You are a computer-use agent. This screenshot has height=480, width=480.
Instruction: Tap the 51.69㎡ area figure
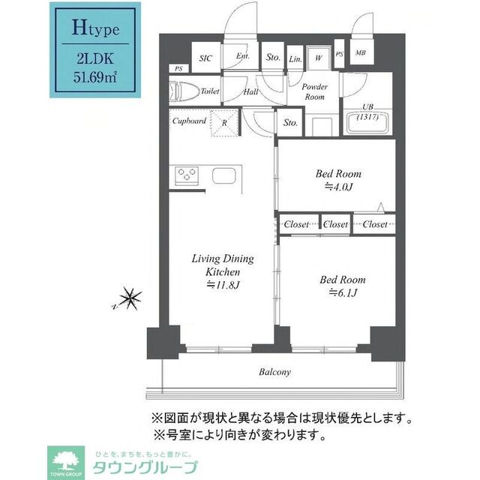(94, 76)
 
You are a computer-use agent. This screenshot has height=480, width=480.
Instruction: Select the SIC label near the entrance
(205, 57)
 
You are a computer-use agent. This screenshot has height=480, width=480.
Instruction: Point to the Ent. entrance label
(243, 56)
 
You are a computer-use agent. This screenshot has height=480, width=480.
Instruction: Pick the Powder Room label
(313, 91)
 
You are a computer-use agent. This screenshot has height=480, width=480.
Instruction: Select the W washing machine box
(319, 57)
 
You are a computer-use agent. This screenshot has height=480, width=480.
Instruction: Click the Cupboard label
(189, 120)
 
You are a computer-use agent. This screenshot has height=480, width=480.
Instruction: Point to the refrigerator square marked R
(223, 122)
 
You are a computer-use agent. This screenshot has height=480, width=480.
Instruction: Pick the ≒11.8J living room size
(223, 285)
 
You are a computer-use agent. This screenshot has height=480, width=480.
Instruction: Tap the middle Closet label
(336, 224)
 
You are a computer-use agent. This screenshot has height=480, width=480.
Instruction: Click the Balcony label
(275, 372)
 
